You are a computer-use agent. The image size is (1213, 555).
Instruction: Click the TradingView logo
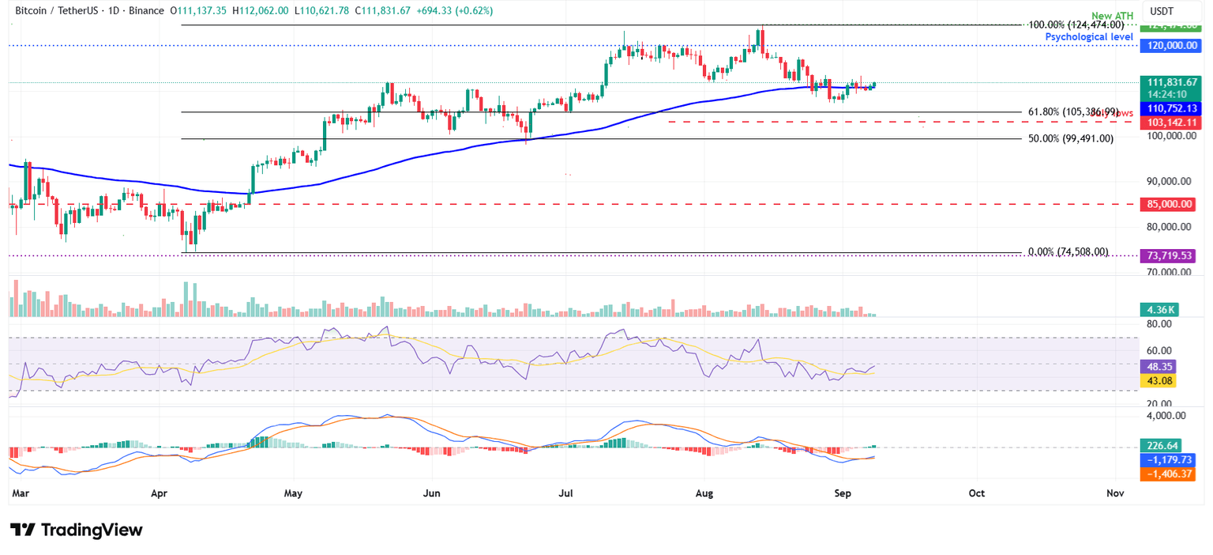(x=76, y=530)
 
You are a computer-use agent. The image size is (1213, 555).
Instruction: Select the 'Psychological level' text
(x=1089, y=36)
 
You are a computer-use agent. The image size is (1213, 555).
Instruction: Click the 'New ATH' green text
(x=1112, y=15)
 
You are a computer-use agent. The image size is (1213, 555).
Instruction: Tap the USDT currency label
(x=1162, y=11)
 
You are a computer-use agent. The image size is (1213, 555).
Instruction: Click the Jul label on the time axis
(x=565, y=493)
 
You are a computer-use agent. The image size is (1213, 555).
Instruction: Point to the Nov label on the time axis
(x=1115, y=493)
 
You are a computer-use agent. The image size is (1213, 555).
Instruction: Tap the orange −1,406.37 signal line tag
(x=1168, y=474)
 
